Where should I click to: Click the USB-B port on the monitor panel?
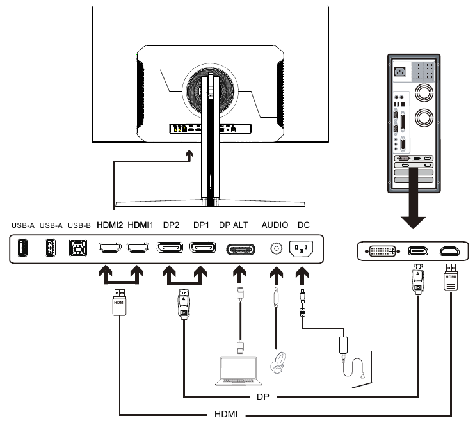(x=77, y=248)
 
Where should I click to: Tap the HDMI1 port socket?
(x=138, y=248)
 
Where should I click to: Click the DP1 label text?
(x=202, y=225)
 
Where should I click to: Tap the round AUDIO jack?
(x=277, y=248)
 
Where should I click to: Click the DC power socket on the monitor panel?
(x=302, y=248)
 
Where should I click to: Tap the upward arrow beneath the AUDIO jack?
(x=277, y=276)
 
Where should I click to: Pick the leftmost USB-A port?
(x=23, y=248)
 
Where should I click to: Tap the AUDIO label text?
(x=275, y=225)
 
